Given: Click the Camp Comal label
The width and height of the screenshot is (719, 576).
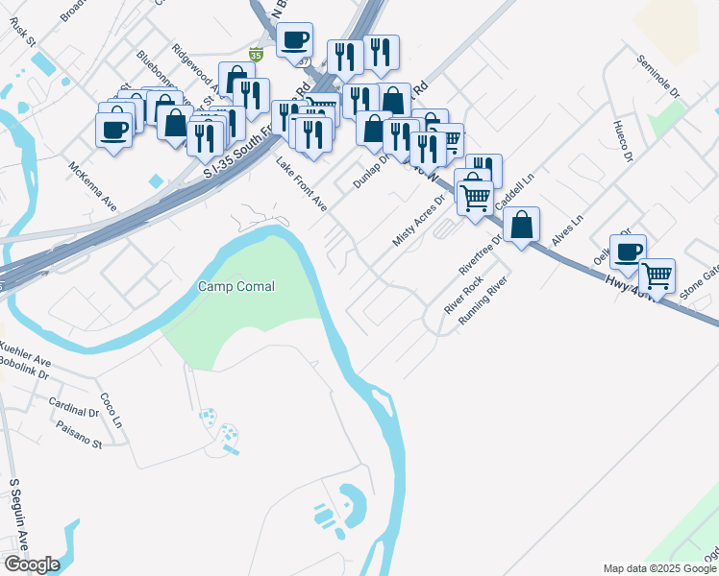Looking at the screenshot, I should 236,286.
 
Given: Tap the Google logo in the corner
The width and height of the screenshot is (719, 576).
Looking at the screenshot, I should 31,564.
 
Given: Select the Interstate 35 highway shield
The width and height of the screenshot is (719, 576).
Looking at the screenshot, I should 256,55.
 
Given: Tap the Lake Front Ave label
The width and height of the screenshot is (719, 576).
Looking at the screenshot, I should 302,185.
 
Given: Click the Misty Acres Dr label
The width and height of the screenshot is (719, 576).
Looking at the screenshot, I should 419,222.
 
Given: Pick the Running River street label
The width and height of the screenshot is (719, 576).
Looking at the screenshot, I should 483,301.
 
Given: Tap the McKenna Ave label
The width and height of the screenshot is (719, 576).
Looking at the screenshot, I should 92,186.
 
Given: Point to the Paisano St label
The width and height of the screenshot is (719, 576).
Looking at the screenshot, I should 79,435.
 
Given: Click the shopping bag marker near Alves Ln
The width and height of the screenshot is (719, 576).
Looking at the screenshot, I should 521,227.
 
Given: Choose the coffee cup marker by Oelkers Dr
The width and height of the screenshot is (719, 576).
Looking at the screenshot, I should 628,252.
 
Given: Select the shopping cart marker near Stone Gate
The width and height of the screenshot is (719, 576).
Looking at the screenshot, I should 657,276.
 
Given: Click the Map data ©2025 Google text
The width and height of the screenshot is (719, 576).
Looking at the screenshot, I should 659,568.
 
